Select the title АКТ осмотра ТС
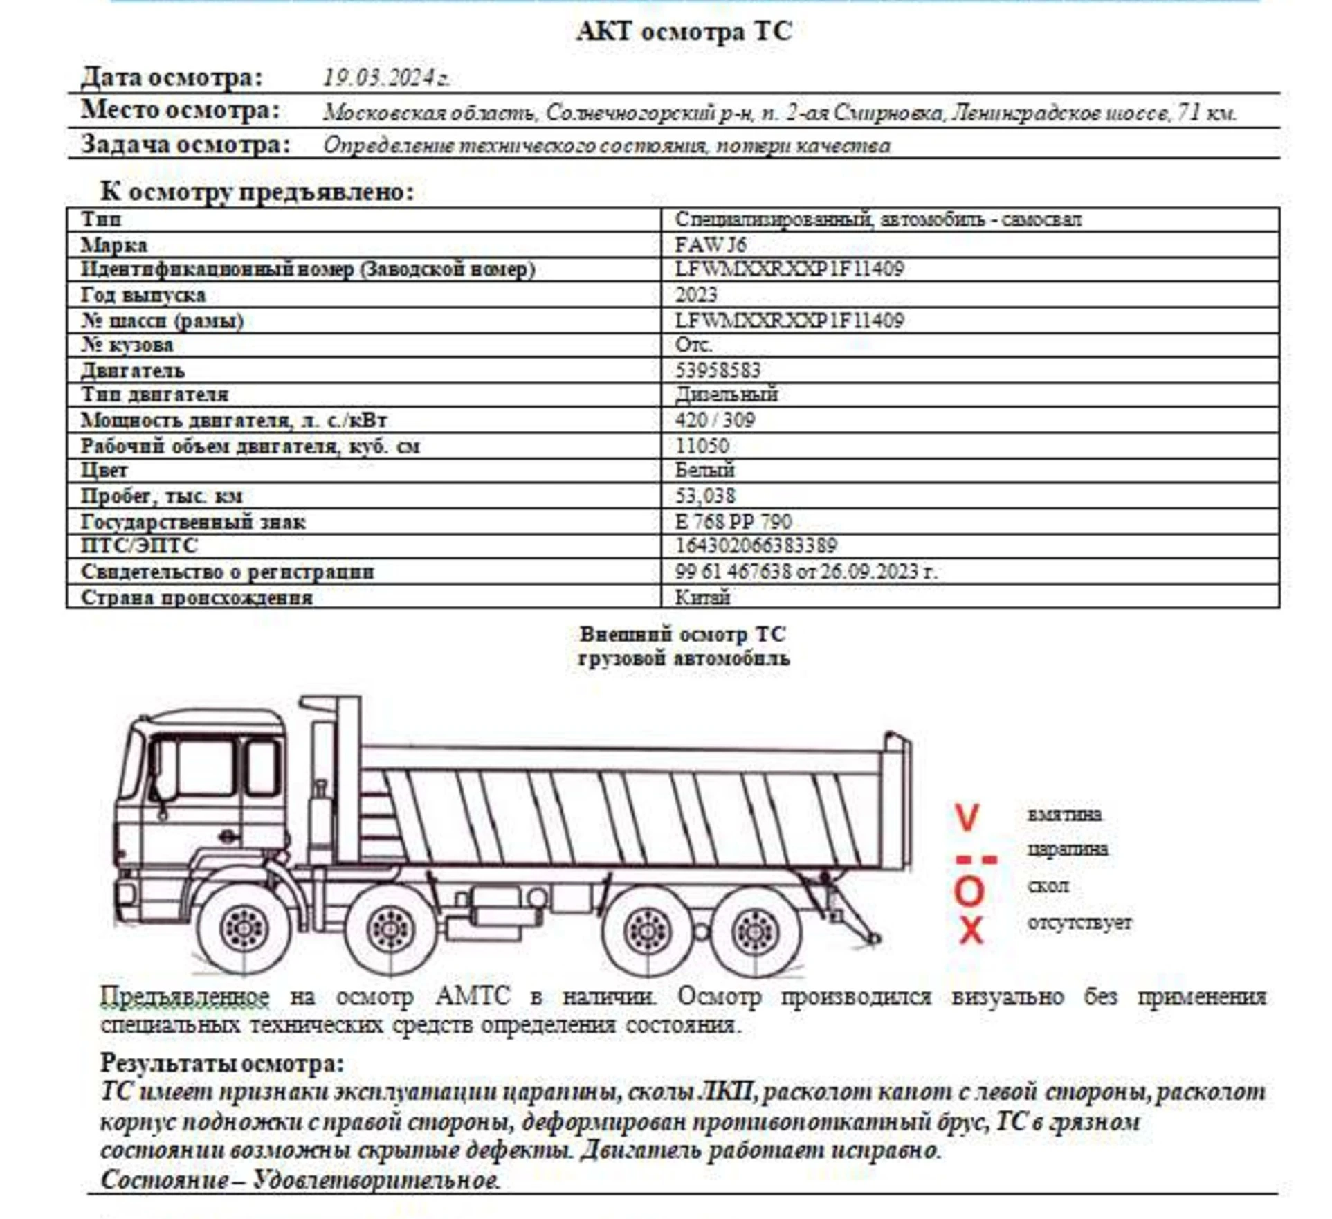pyautogui.click(x=683, y=32)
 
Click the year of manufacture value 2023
pyautogui.click(x=696, y=295)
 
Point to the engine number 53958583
pyautogui.click(x=718, y=370)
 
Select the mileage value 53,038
pyautogui.click(x=705, y=496)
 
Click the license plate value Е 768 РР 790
pyautogui.click(x=733, y=521)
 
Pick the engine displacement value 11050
pyautogui.click(x=702, y=446)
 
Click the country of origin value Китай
pyautogui.click(x=702, y=597)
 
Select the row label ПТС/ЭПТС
pyautogui.click(x=138, y=546)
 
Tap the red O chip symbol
pyautogui.click(x=969, y=891)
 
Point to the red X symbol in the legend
pyautogui.click(x=971, y=930)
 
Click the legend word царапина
pyautogui.click(x=1067, y=849)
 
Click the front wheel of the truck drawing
pyautogui.click(x=243, y=928)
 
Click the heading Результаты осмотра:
pyautogui.click(x=221, y=1063)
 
